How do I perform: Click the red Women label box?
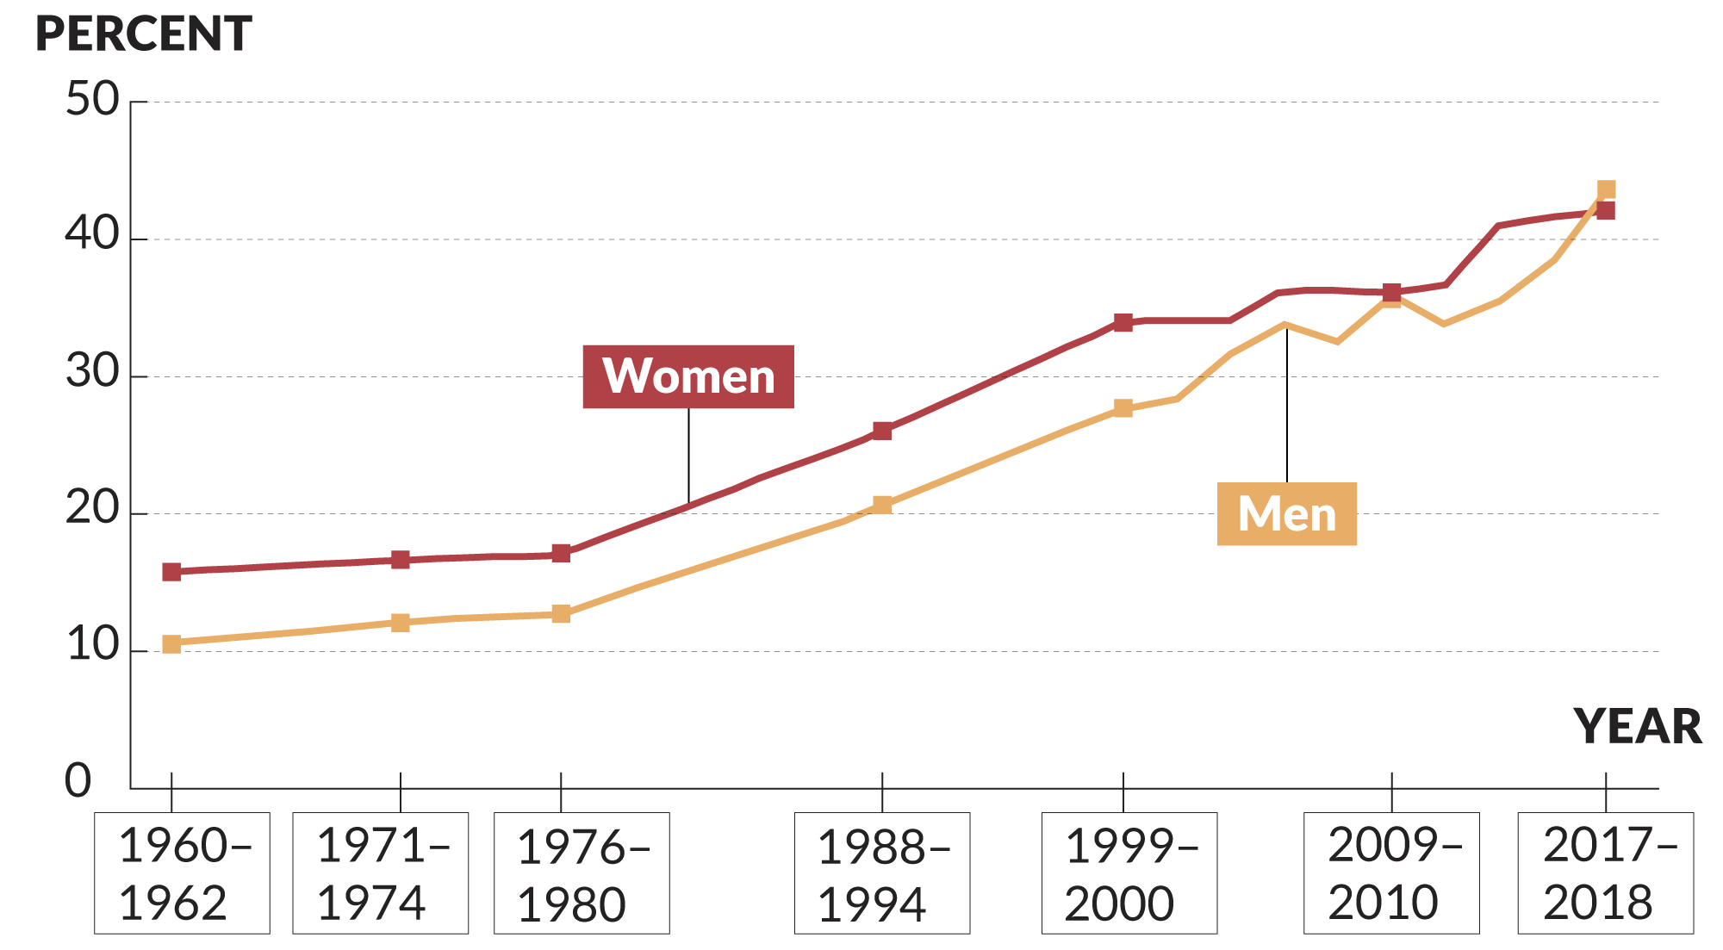[x=688, y=376]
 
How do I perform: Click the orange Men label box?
[x=1286, y=513]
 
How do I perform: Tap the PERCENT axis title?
[x=143, y=34]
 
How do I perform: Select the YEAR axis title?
[x=1638, y=726]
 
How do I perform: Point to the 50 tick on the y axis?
[x=93, y=100]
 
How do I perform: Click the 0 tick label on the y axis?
[x=78, y=781]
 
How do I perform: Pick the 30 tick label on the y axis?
[x=93, y=373]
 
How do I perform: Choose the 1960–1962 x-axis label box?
[x=182, y=873]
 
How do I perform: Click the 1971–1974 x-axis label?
[x=381, y=873]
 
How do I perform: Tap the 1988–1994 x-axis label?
[x=882, y=873]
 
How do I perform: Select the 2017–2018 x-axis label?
[x=1606, y=873]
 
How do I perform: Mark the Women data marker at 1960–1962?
[x=171, y=572]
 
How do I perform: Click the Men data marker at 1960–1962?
[x=171, y=644]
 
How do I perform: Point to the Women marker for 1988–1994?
[x=882, y=431]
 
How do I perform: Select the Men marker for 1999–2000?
[x=1123, y=408]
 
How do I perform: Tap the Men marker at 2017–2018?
[x=1606, y=189]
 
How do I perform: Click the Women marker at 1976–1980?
[x=561, y=553]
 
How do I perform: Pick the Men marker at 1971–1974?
[x=401, y=623]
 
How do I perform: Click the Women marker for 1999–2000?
[x=1123, y=323]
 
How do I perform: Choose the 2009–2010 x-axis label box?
[x=1391, y=873]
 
